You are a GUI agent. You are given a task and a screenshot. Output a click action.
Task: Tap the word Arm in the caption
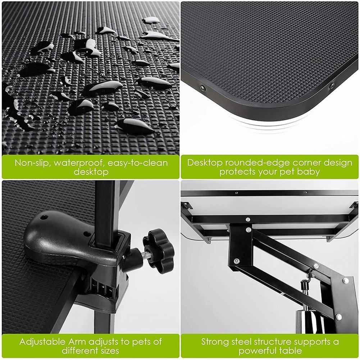pos(76,341)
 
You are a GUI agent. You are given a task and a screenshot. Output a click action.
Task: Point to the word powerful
pos(256,350)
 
